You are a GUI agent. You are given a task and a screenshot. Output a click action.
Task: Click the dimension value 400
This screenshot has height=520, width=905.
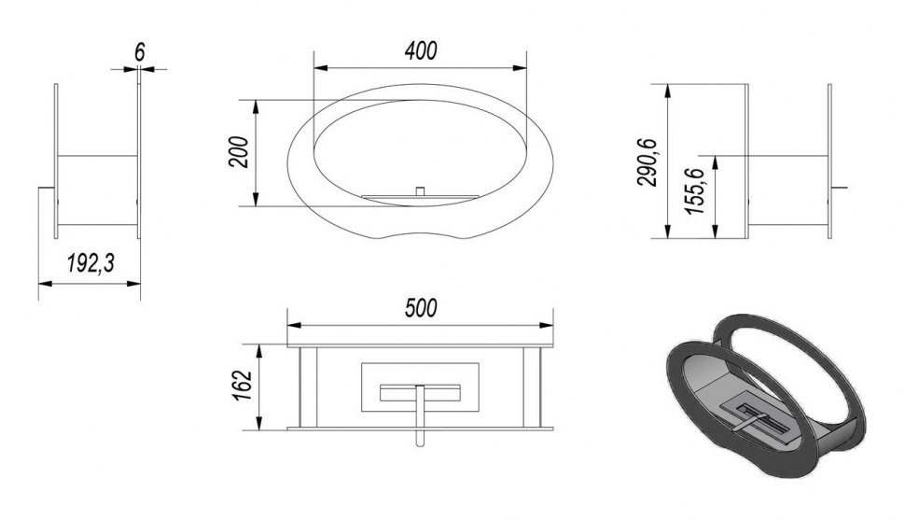point(421,50)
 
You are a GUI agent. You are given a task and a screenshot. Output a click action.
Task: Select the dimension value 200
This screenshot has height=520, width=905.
point(239,152)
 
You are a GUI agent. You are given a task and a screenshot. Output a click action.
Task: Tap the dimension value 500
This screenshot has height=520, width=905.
point(421,308)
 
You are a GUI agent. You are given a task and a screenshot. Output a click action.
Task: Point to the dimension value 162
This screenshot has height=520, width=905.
point(243,385)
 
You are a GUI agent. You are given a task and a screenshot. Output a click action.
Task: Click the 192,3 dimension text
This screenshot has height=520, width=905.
point(90,263)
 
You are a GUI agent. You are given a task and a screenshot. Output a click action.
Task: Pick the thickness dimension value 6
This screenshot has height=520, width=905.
point(140,52)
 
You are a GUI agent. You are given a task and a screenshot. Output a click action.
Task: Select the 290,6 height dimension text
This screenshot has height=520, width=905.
point(647,162)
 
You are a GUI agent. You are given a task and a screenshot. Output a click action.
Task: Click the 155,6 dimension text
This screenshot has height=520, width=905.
point(695,190)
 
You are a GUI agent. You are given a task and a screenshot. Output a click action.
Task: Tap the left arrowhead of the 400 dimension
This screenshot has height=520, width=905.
point(320,68)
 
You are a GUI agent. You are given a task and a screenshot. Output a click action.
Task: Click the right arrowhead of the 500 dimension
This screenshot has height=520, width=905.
point(546,325)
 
